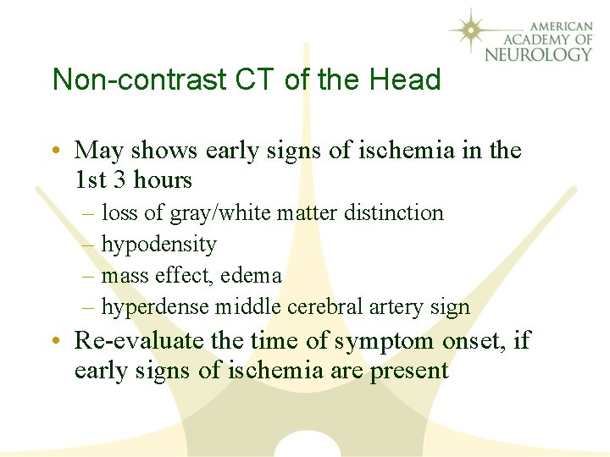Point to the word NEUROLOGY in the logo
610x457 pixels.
[538, 54]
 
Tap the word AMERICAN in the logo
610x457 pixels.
[555, 25]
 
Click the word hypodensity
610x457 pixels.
[159, 245]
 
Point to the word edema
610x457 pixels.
[252, 276]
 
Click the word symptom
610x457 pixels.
[373, 341]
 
